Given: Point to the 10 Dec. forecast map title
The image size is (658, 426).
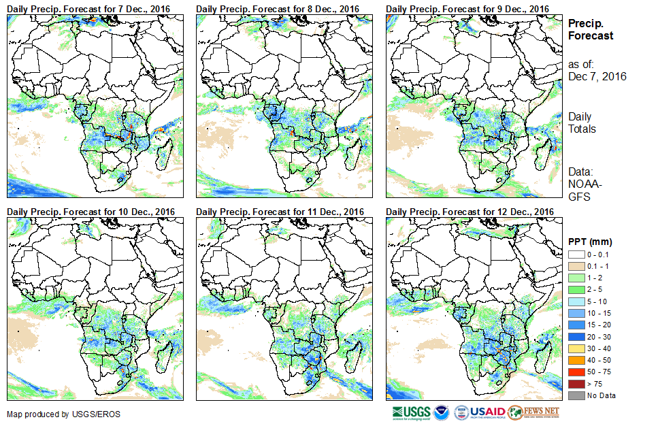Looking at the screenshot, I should coord(91,212).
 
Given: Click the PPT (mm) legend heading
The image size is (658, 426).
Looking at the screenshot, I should coord(590,242).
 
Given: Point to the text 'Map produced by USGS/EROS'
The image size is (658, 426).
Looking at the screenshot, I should coord(55,414).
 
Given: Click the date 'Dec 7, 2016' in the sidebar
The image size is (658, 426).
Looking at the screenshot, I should coord(597,76).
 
